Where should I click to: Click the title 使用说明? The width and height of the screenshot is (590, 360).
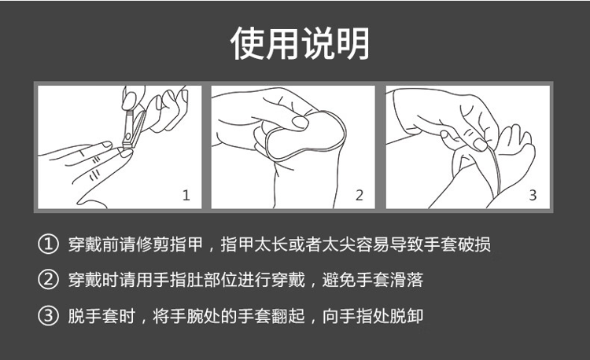[x=300, y=43]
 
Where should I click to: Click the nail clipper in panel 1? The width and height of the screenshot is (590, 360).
[x=133, y=129]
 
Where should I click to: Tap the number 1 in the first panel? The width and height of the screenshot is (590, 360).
[x=186, y=196]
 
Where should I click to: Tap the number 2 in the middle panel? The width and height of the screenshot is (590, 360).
[x=360, y=196]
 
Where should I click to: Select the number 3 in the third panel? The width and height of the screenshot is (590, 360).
[x=533, y=196]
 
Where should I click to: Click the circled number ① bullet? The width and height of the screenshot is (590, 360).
[x=49, y=244]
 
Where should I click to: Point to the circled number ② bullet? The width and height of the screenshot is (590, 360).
[x=49, y=280]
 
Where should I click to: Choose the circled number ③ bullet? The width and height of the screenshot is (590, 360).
[x=49, y=316]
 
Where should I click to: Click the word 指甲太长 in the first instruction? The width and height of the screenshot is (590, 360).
[x=254, y=244]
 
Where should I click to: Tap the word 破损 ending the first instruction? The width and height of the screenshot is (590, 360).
[x=474, y=244]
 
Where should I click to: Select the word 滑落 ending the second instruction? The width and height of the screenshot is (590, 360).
[x=407, y=280]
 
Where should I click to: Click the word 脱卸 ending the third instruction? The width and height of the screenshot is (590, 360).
[x=407, y=316]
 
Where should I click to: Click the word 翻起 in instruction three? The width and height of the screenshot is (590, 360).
[x=288, y=316]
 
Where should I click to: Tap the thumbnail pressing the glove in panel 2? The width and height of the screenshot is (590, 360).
[x=300, y=122]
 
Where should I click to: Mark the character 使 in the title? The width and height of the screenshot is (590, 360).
[x=247, y=43]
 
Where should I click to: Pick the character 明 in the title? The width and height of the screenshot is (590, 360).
[x=352, y=43]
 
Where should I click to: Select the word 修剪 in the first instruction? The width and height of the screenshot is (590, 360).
[x=153, y=244]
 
